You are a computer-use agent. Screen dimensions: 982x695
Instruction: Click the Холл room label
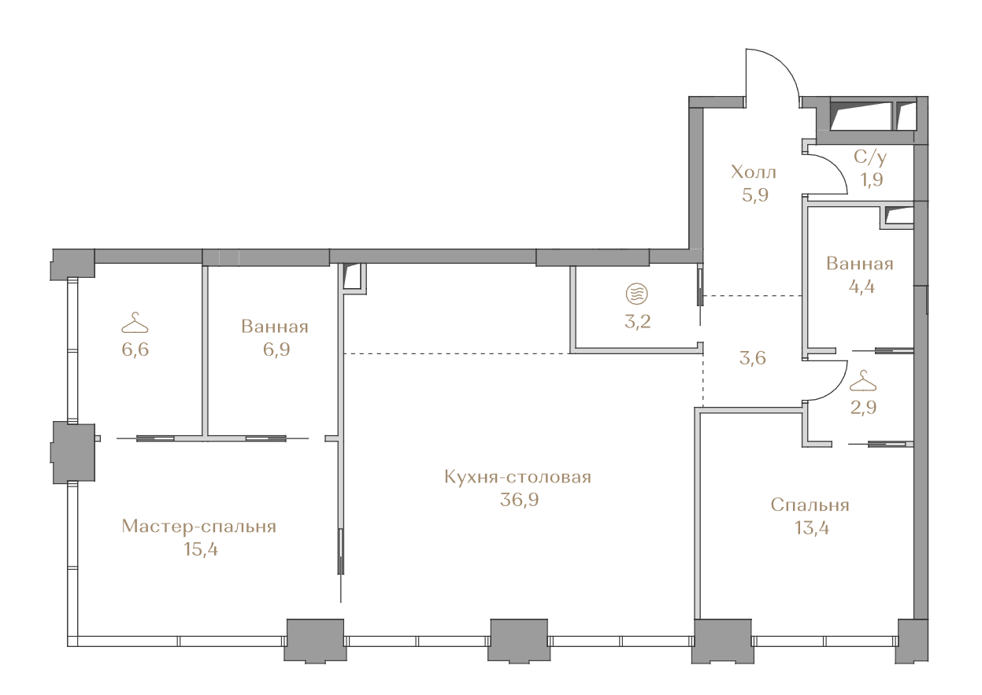[x=753, y=172]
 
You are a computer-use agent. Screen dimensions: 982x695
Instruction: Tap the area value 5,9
[x=755, y=194]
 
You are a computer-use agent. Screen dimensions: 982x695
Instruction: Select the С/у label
[x=870, y=157]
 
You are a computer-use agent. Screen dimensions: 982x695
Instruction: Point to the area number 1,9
[x=872, y=179]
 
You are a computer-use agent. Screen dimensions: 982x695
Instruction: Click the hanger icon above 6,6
[x=135, y=323]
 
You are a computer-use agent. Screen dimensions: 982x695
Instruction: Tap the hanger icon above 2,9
[x=863, y=380]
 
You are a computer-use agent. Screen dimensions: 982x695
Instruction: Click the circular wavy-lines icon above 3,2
[x=637, y=294]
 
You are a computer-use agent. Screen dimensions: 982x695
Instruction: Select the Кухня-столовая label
[x=517, y=477]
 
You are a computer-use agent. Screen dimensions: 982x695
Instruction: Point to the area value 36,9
[x=519, y=500]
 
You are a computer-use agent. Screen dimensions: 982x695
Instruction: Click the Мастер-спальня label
[x=199, y=527]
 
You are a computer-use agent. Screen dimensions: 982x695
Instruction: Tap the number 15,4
[x=201, y=549]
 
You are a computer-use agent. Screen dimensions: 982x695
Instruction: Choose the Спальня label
[x=810, y=505]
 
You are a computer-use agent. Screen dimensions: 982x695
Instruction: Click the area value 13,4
[x=812, y=528]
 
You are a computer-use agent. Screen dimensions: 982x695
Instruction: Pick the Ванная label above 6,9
[x=275, y=327]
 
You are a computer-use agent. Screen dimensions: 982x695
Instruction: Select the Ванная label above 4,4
[x=860, y=264]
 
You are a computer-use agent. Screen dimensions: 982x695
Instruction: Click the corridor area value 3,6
[x=752, y=358]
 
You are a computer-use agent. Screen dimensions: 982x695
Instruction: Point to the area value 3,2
[x=637, y=322]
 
